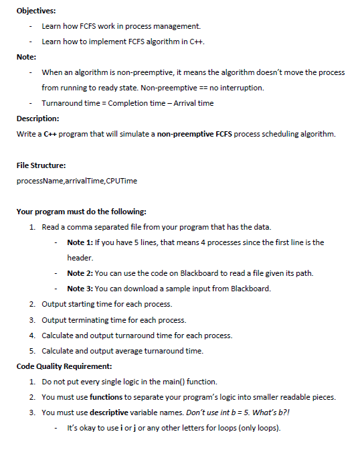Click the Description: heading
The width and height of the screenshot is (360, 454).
point(37,119)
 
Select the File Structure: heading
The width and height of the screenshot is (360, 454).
point(41,165)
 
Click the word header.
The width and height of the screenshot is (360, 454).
point(80,258)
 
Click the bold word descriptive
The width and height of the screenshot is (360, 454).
point(115,412)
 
